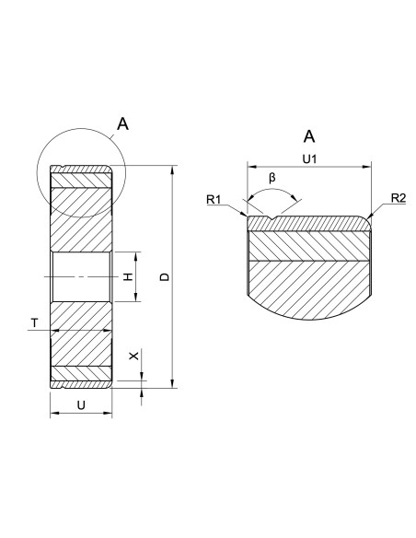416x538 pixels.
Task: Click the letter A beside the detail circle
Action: tap(122, 123)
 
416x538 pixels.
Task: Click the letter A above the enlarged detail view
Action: tap(309, 136)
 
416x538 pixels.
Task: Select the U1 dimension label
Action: tap(309, 158)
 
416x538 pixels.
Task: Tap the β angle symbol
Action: tap(272, 178)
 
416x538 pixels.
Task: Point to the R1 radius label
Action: tap(214, 199)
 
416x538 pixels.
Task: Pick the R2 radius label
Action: tap(399, 198)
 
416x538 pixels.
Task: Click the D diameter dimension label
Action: tap(165, 277)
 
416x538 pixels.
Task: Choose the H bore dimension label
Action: tap(128, 276)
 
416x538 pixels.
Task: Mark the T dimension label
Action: tap(34, 322)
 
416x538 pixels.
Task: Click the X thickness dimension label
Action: tap(134, 356)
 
